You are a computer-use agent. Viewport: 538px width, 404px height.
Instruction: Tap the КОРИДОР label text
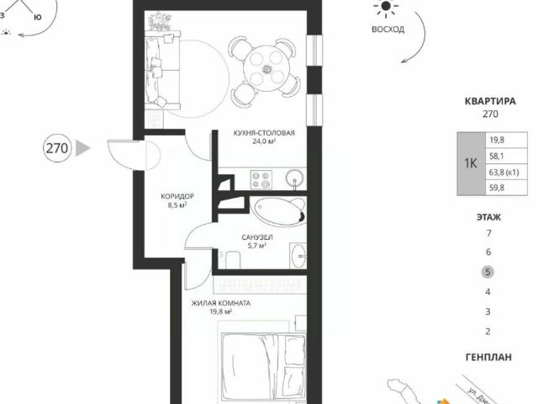coord(173,198)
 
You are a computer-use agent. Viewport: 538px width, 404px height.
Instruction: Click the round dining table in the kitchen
coord(265,60)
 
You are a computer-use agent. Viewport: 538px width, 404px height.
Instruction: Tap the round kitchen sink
coord(294,178)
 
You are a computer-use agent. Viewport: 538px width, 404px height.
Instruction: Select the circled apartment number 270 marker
coord(56,149)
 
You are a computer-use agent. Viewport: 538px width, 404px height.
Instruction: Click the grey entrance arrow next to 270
coord(82,149)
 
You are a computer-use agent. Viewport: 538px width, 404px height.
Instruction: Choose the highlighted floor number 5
coord(488,272)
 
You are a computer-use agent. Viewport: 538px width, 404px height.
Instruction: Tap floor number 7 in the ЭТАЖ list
coord(488,232)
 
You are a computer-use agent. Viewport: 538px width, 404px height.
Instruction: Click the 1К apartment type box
coord(469,164)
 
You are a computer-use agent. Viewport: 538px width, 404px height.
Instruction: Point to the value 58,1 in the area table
coord(497,156)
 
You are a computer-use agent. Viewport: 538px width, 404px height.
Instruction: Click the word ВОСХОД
coord(388,29)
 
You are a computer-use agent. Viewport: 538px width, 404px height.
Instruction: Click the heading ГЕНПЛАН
coord(488,357)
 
